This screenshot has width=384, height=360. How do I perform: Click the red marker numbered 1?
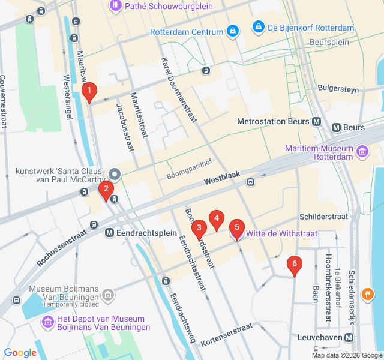[89, 92]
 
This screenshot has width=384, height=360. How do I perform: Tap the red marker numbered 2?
[106, 191]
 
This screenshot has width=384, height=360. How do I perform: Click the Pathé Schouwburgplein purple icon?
[115, 6]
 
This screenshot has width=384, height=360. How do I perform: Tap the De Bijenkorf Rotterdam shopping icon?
[258, 28]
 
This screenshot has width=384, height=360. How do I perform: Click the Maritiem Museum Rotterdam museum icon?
[361, 152]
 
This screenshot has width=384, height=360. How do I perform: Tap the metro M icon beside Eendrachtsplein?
[110, 233]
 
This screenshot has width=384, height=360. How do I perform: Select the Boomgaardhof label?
[185, 176]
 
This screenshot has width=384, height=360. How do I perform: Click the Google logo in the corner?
[20, 352]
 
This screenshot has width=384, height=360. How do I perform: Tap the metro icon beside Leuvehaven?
[349, 338]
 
